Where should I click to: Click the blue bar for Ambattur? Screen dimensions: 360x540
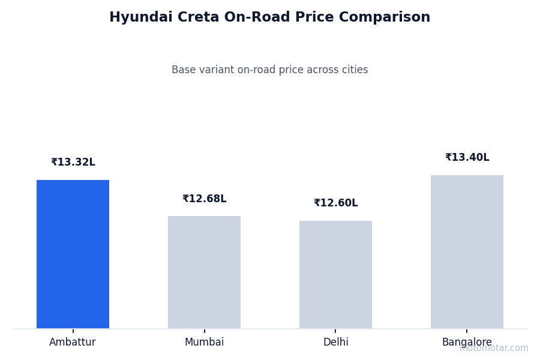73,254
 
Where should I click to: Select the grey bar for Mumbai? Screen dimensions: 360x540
204,272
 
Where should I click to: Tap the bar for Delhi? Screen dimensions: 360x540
335,274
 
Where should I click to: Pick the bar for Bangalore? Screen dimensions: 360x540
467,251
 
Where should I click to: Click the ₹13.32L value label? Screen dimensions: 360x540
73,163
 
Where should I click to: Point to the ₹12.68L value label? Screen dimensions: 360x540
204,199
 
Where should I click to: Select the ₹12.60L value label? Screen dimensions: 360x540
335,203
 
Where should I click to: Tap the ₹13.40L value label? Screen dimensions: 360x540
467,158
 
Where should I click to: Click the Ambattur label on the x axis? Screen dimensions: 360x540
73,343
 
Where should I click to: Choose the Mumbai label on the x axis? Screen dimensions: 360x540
204,343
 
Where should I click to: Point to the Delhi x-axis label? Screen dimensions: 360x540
335,343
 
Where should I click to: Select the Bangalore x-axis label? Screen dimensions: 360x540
467,343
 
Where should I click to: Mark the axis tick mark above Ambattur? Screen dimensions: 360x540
73,331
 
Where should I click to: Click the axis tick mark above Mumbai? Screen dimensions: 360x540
205,331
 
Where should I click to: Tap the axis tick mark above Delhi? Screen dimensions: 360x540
335,331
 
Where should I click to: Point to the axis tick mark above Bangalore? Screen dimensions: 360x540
467,331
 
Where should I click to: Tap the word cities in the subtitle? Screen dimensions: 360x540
354,70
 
